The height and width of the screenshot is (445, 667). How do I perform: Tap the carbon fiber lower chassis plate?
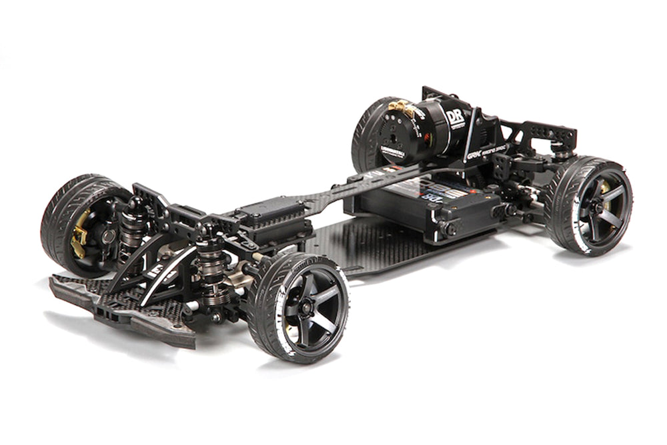(x=374, y=247)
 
